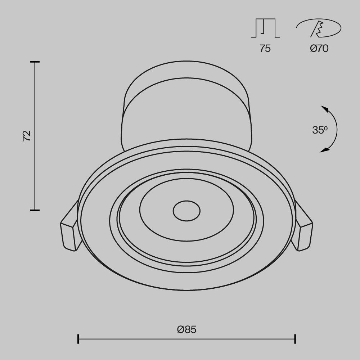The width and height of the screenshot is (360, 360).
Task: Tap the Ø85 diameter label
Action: tap(187, 329)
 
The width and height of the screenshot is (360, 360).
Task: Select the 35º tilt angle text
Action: tap(320, 130)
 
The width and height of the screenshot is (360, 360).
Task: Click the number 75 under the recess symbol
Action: tap(265, 48)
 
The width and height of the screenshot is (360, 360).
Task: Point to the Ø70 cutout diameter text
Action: tap(319, 48)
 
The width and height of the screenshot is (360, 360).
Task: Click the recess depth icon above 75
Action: tap(265, 28)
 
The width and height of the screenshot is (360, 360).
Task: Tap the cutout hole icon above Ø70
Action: tap(319, 28)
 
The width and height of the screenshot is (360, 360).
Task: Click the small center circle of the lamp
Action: tap(186, 211)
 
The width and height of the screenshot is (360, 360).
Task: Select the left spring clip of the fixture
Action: tap(70, 230)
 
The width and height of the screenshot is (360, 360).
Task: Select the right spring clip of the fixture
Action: tap(303, 230)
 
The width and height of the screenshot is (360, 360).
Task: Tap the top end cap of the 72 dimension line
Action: tap(35, 62)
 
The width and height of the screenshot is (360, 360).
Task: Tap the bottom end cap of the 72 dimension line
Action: tap(35, 210)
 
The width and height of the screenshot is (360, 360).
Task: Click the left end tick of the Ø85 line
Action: tap(78, 339)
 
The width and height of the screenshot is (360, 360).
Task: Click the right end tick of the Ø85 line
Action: tap(295, 339)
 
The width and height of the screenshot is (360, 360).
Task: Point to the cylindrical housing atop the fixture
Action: tap(186, 104)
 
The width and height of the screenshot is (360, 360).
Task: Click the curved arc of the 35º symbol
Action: tap(337, 130)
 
